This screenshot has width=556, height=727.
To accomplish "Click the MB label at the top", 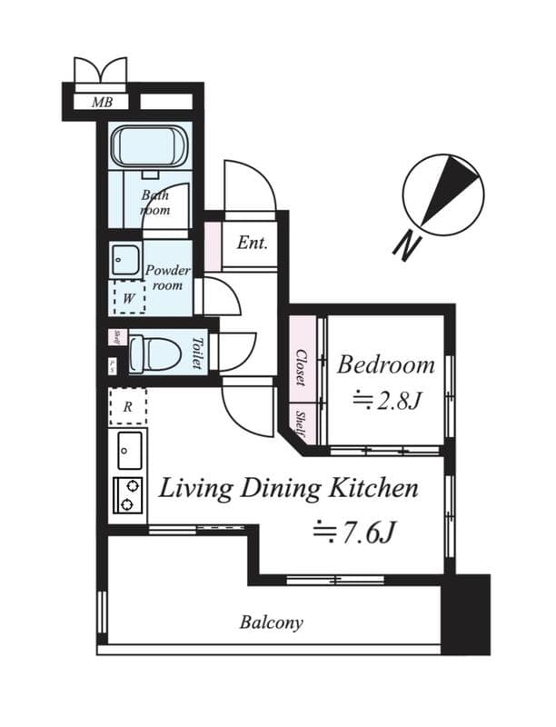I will [102, 102].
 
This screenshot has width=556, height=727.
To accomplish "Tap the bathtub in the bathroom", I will [149, 145].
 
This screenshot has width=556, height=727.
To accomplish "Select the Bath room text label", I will [154, 202].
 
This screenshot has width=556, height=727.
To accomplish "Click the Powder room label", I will [168, 277].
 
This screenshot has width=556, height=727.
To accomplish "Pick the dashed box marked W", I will [127, 297].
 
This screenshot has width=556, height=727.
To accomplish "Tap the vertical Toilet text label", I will [197, 354].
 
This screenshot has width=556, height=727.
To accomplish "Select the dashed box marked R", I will [127, 407].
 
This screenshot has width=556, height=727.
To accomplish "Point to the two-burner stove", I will [128, 496].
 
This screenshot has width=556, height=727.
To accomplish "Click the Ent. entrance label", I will [252, 243].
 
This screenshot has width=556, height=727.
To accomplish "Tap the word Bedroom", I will [386, 365].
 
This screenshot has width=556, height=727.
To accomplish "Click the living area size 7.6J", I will [354, 532].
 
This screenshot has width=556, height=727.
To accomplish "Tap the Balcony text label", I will [271, 623].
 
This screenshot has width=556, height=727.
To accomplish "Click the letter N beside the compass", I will [406, 245].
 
